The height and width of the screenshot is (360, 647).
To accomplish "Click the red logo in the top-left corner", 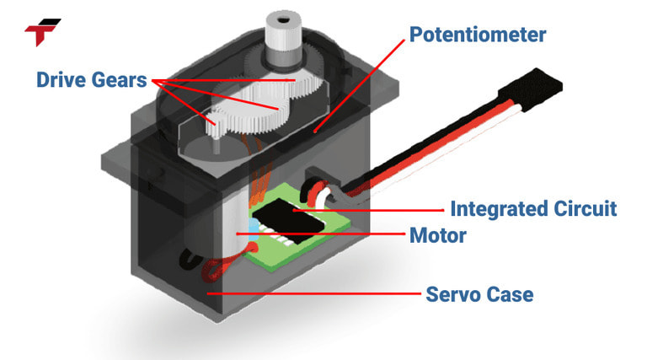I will click(x=42, y=31).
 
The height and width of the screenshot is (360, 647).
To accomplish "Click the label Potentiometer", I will click(x=478, y=35).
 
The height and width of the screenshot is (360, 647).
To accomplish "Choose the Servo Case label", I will click(x=479, y=294).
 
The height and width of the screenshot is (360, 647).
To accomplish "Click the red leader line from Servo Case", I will click(x=312, y=294).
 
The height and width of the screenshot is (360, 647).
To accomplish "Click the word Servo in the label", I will click(x=455, y=294).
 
